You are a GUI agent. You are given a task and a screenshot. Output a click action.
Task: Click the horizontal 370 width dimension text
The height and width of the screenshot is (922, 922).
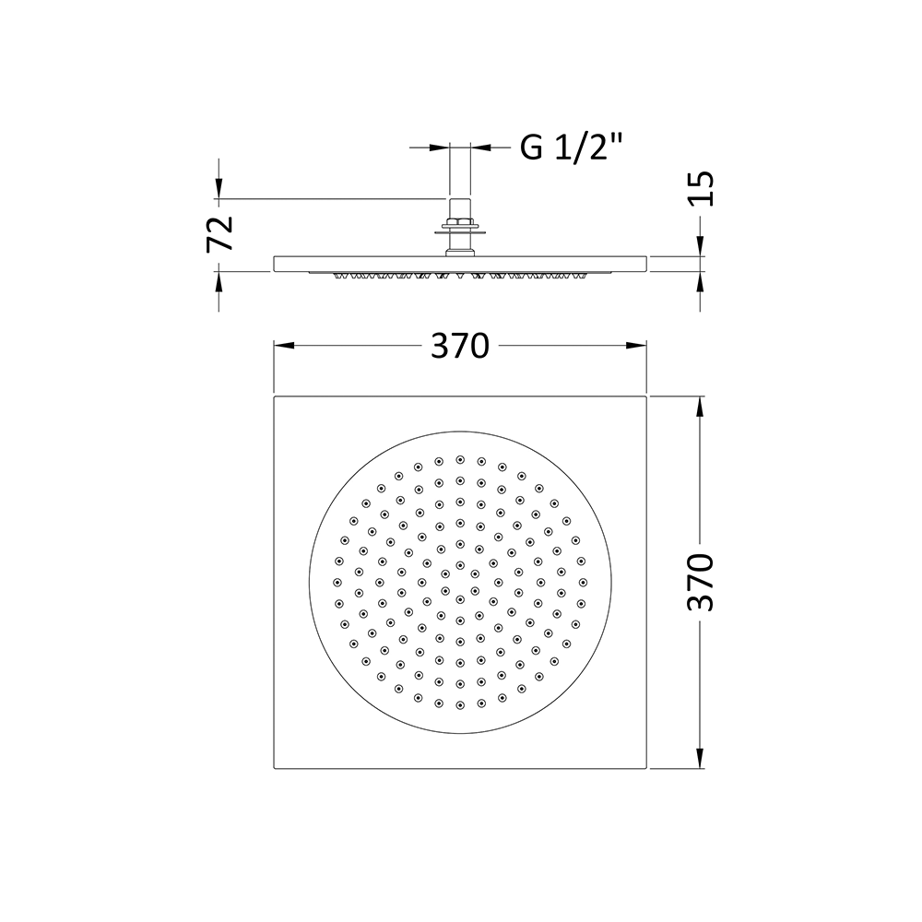coord(459,347)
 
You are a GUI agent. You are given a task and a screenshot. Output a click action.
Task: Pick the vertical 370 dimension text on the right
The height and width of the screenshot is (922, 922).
coord(702,583)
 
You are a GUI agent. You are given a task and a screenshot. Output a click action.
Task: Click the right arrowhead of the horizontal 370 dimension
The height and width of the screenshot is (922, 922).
coord(638,346)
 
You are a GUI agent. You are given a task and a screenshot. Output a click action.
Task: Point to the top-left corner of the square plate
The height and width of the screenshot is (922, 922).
coord(275,397)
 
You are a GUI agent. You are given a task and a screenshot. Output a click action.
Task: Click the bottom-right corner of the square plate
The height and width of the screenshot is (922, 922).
coord(648,768)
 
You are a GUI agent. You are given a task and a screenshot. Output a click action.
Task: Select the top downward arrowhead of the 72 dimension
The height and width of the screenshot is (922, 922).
coord(219,191)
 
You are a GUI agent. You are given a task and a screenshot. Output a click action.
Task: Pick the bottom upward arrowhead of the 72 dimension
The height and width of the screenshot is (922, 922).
coord(219,278)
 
